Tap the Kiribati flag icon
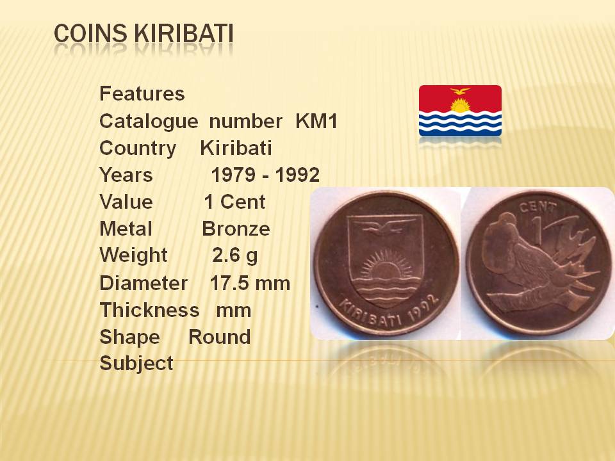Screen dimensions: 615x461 coord(460,111)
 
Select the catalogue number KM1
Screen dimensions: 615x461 coord(316,121)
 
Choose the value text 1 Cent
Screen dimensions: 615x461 coord(234,202)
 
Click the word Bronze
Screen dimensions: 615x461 coord(236,229)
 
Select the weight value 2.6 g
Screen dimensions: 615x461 coord(235,255)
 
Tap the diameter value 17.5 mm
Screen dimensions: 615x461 coord(250,283)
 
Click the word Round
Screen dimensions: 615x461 coord(220,337)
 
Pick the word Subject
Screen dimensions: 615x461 coord(136,364)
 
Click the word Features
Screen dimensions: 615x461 coord(142,93)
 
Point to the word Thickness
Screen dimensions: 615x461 coord(149,310)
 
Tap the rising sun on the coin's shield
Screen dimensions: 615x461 coord(386,265)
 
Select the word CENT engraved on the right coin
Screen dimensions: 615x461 coord(538,207)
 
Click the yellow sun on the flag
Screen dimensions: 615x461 coord(460,105)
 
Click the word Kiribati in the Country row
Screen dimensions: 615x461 coord(236,148)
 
